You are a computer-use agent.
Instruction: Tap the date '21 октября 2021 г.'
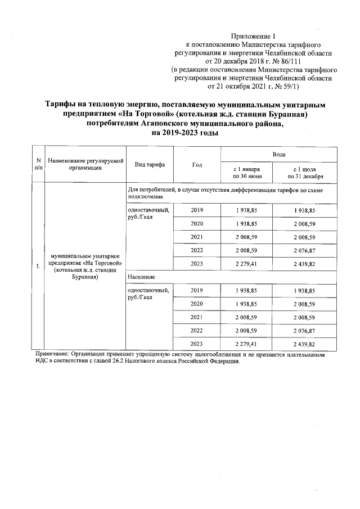click(242, 87)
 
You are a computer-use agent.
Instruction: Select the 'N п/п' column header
click(38, 164)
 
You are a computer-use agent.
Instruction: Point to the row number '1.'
click(38, 266)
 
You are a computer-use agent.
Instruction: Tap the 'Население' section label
click(142, 277)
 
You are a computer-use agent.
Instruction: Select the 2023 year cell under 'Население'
click(197, 344)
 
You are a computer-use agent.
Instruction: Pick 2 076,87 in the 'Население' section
click(304, 331)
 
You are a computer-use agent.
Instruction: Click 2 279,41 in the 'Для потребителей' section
click(246, 264)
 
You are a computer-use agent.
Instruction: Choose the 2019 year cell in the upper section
click(197, 210)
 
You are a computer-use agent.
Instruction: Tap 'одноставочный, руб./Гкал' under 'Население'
click(148, 293)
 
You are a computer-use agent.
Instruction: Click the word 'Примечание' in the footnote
click(51, 354)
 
